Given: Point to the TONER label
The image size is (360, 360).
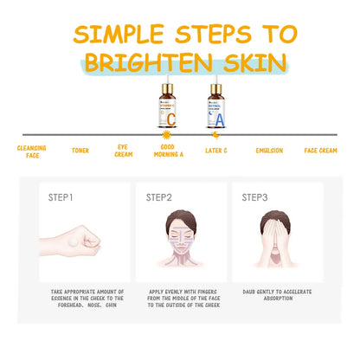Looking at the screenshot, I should (x=80, y=150).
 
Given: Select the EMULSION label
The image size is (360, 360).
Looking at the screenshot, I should (x=270, y=150).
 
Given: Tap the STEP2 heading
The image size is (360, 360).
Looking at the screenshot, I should (x=160, y=197).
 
